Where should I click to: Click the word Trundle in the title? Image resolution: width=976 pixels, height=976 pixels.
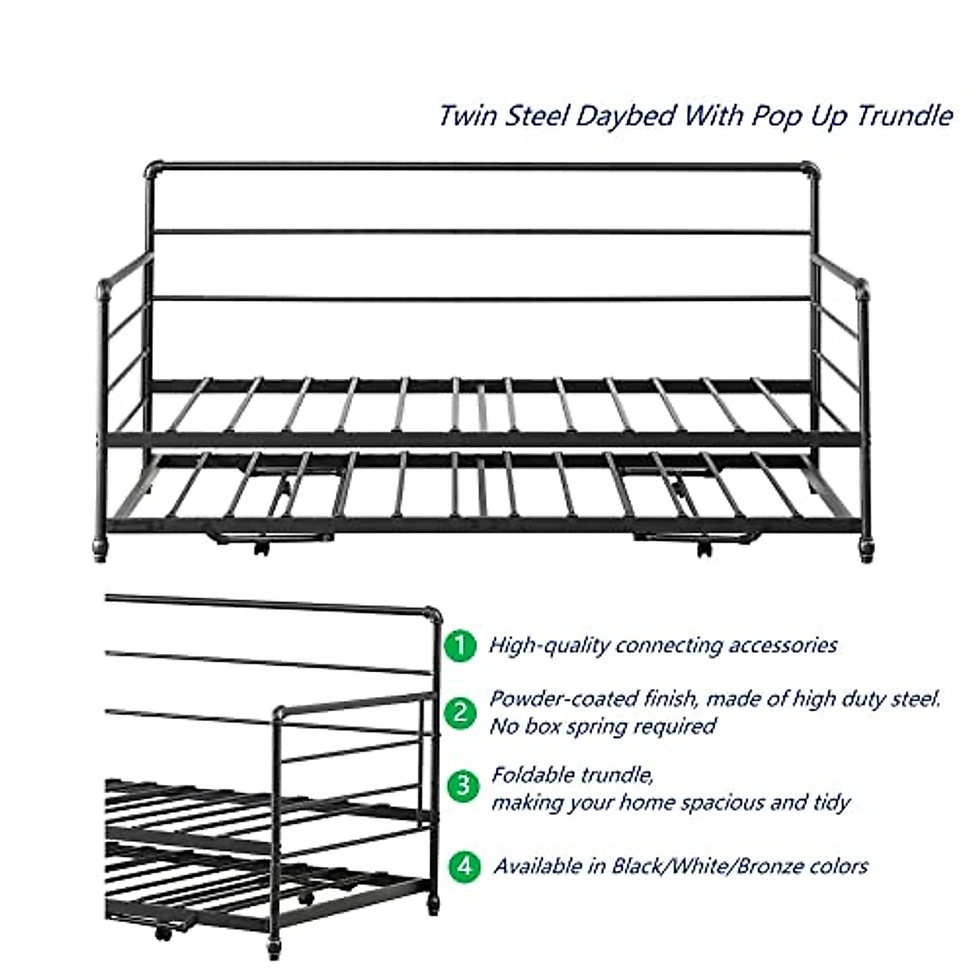pyautogui.click(x=903, y=115)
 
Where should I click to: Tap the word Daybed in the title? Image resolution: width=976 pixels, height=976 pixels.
pyautogui.click(x=626, y=115)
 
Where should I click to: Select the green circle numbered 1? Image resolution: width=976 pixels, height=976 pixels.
pyautogui.click(x=461, y=646)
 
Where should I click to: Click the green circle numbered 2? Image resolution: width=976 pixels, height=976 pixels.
pyautogui.click(x=461, y=713)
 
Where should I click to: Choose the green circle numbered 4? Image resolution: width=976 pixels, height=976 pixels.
pyautogui.click(x=464, y=866)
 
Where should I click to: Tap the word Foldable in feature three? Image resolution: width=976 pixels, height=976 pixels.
pyautogui.click(x=531, y=774)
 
